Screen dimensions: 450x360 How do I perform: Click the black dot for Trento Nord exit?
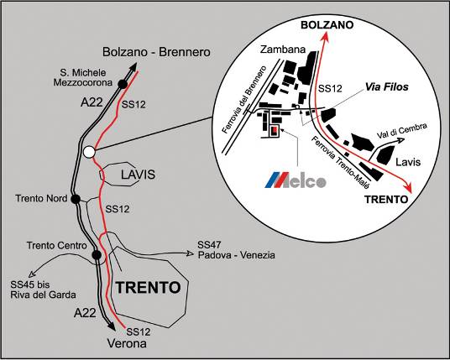click(76, 199)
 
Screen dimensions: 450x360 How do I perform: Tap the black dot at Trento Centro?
click(97, 255)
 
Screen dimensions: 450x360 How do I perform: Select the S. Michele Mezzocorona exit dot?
click(123, 84)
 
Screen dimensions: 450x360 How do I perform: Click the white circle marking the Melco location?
click(89, 152)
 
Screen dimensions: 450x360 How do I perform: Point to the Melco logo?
click(296, 180)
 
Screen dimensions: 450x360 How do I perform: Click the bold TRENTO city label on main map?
click(148, 287)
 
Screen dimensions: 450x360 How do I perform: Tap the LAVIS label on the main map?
click(138, 175)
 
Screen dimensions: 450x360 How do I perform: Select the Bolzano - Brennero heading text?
click(156, 52)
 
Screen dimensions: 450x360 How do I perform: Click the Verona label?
click(127, 343)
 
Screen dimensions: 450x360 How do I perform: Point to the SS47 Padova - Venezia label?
click(236, 250)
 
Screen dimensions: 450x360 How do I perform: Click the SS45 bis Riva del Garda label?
click(44, 290)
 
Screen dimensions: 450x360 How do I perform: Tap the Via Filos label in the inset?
click(386, 87)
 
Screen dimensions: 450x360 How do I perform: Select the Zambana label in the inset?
click(283, 50)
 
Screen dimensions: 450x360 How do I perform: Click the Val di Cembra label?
click(402, 131)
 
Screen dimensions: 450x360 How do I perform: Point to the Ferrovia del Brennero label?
click(244, 100)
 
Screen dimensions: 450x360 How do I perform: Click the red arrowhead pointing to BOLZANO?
click(325, 36)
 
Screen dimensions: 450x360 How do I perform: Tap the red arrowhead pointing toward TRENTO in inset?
click(408, 189)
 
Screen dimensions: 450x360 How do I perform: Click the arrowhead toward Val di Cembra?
click(400, 140)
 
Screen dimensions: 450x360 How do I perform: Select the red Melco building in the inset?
click(274, 130)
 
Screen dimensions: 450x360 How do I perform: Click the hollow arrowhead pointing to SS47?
click(189, 253)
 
